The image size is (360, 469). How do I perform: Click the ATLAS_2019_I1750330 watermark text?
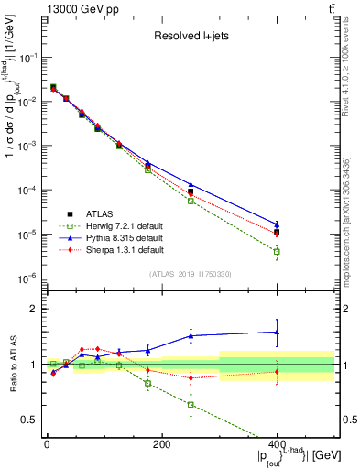tap(190, 273)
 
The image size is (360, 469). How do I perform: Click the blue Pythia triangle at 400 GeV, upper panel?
tap(277, 224)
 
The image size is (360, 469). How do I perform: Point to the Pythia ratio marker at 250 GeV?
tap(191, 335)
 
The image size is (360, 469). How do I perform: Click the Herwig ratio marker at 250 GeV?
tap(191, 404)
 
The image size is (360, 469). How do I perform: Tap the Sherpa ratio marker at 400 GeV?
tap(277, 371)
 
